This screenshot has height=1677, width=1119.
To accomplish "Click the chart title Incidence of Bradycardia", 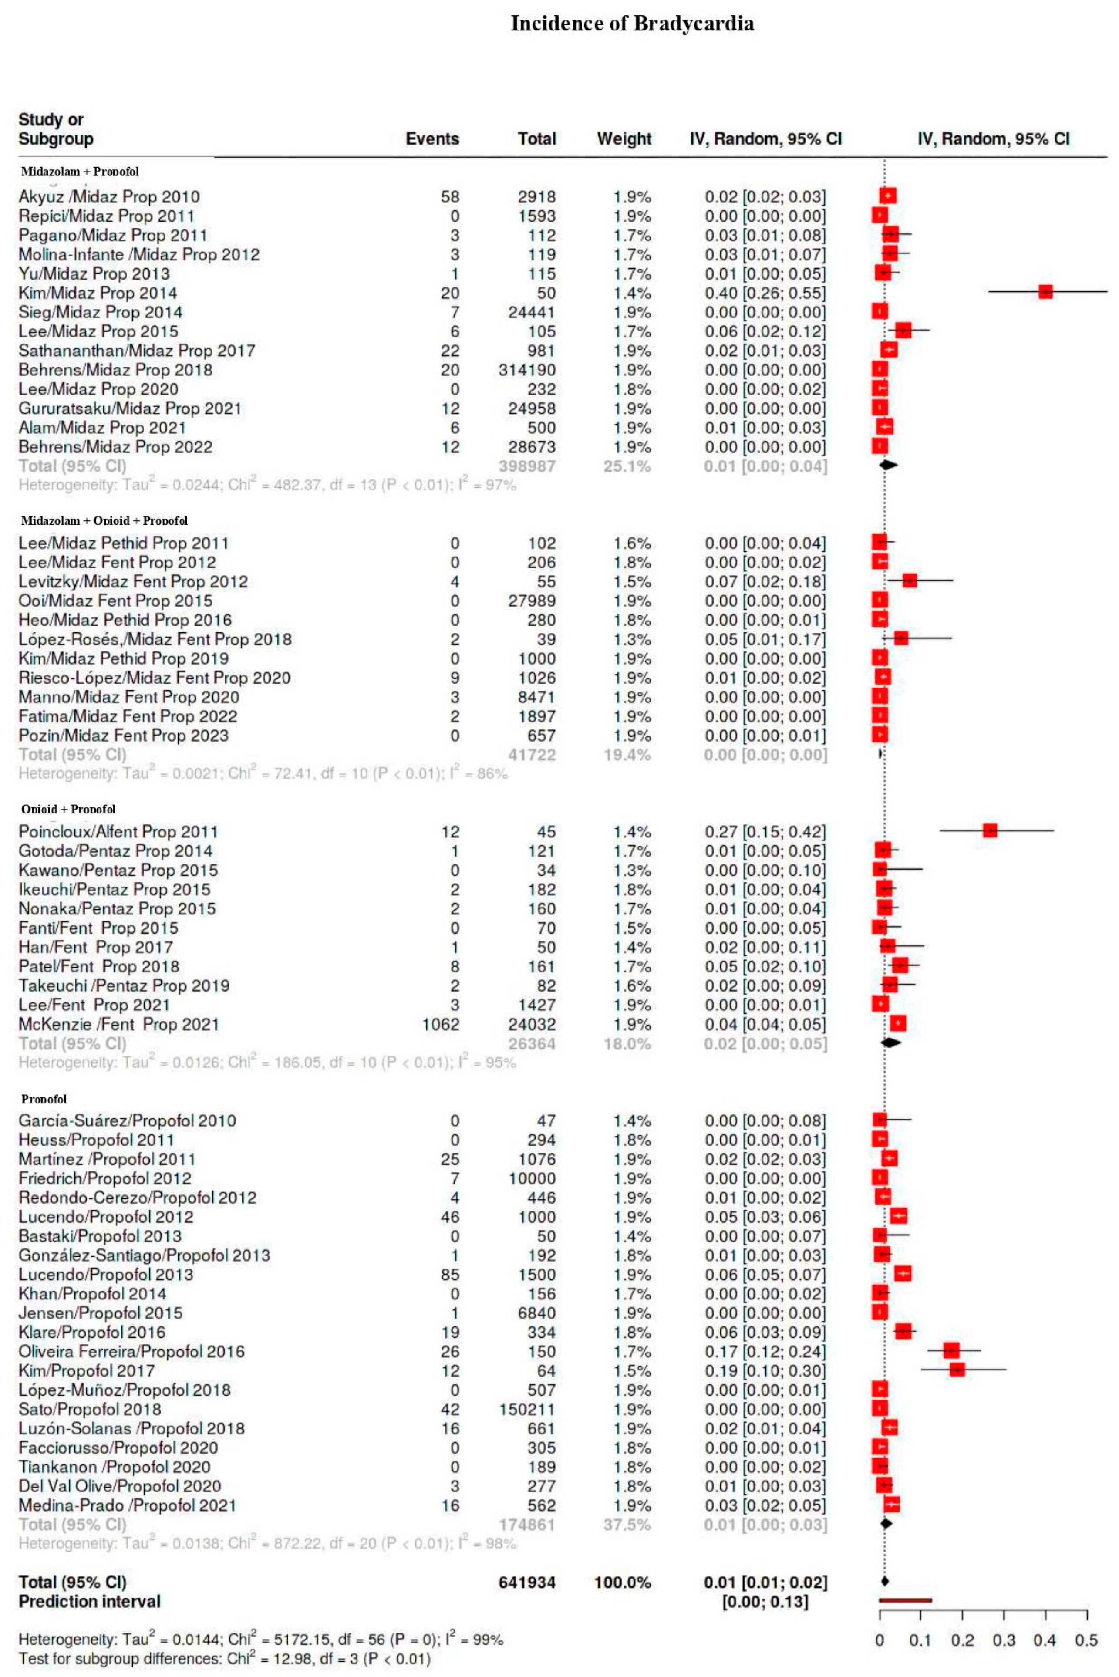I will pyautogui.click(x=632, y=24).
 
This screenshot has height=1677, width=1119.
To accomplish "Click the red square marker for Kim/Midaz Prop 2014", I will pyautogui.click(x=1045, y=292).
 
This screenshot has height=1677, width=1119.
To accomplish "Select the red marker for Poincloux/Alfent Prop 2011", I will pyautogui.click(x=989, y=830).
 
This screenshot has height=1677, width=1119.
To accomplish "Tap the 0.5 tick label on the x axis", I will pyautogui.click(x=1086, y=1640).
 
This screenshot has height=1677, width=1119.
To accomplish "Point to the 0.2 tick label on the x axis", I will pyautogui.click(x=962, y=1640).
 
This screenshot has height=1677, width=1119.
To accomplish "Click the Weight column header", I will pyautogui.click(x=624, y=138).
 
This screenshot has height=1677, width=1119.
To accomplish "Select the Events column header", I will pyautogui.click(x=432, y=138).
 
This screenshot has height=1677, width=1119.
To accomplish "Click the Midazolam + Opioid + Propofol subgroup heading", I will pyautogui.click(x=104, y=520).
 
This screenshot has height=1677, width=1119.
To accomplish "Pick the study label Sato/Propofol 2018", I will pyautogui.click(x=90, y=1409).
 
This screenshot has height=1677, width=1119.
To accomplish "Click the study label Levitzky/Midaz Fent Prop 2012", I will pyautogui.click(x=133, y=582).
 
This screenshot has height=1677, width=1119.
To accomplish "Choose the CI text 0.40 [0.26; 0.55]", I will pyautogui.click(x=765, y=293).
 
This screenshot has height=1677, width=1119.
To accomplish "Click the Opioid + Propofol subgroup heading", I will pyautogui.click(x=68, y=809).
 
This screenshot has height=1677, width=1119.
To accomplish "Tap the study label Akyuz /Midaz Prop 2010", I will pyautogui.click(x=109, y=196).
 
